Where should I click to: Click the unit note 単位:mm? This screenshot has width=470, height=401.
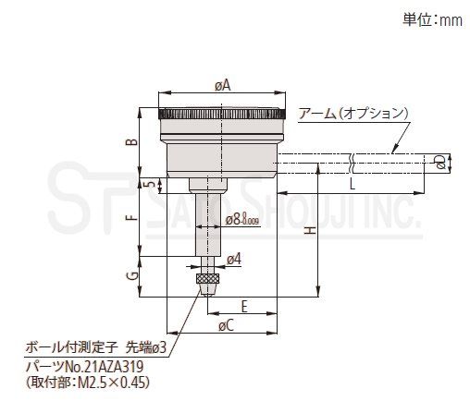[x=432, y=20]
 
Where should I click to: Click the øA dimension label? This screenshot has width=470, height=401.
[x=223, y=85]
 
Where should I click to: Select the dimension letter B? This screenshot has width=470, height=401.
[x=132, y=141]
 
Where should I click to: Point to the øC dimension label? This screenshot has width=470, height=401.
[x=227, y=325]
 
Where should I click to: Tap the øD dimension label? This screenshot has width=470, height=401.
[x=440, y=162]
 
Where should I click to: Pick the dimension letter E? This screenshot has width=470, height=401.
[x=244, y=307]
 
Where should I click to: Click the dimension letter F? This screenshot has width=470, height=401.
[x=132, y=218]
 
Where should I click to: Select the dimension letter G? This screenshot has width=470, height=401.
[x=132, y=276]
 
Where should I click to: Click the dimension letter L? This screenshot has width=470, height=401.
[x=352, y=184]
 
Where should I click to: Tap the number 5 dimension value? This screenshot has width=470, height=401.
[x=151, y=184]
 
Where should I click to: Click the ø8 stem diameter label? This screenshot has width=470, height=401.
[x=242, y=220]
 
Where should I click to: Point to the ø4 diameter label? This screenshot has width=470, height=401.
[x=234, y=260]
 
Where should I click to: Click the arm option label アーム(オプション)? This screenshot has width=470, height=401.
[x=353, y=114]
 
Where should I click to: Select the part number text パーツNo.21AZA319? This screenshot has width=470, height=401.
[x=84, y=367]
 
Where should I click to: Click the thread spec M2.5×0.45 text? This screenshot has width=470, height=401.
[x=111, y=383]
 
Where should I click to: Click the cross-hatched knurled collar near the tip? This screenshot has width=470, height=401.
[x=207, y=278]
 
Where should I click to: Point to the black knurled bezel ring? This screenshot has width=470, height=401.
[x=221, y=114]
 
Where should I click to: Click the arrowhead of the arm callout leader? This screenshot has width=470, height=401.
[x=394, y=151]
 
